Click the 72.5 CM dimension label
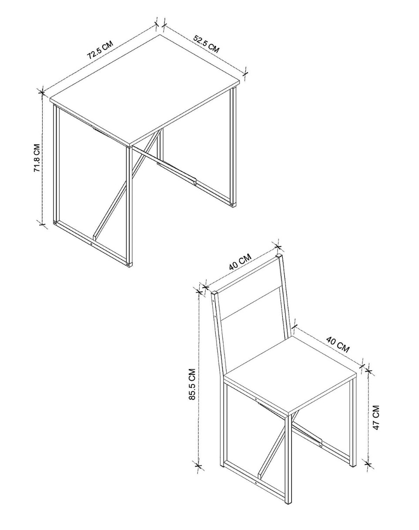tap(100, 50)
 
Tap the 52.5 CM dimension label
tap(206, 44)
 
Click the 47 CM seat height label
tap(376, 417)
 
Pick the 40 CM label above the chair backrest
tap(240, 262)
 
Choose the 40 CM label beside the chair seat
tap(338, 345)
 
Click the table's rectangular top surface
tap(145, 89)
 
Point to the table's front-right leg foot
tap(129, 264)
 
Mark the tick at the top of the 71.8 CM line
tap(42, 93)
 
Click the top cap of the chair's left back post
tap(215, 293)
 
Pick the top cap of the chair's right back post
tap(280, 256)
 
